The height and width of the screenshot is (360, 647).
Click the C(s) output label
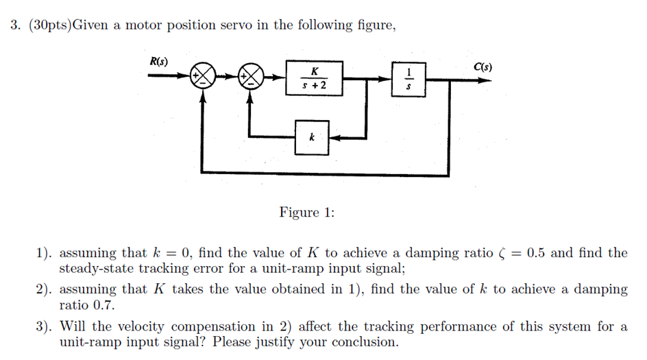[x=483, y=67]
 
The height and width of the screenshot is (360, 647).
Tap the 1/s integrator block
[x=409, y=80]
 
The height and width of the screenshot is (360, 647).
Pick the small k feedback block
[x=312, y=137]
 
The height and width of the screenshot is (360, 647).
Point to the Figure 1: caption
[x=306, y=213]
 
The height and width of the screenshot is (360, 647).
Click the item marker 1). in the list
[x=45, y=253]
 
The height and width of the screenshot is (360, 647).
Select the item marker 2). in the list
[x=45, y=289]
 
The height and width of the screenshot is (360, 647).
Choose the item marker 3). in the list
[x=45, y=326]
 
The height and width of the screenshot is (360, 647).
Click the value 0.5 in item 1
[x=536, y=253]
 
